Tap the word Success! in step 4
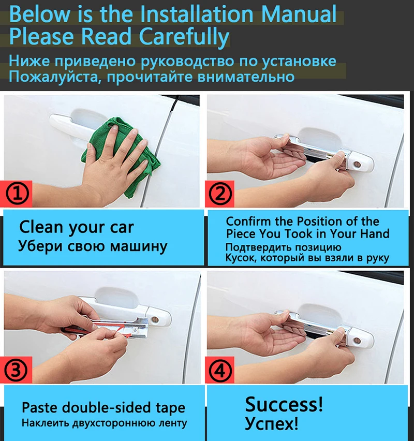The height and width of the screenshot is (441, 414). (x=284, y=403)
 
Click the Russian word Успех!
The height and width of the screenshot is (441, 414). (x=271, y=424)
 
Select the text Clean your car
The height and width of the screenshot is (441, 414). (x=76, y=227)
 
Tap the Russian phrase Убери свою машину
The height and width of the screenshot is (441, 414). (x=93, y=246)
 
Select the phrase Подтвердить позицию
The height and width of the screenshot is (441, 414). (x=283, y=247)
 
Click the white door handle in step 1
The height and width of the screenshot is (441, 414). (x=78, y=124)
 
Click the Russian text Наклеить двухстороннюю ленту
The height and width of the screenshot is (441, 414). (x=103, y=423)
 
